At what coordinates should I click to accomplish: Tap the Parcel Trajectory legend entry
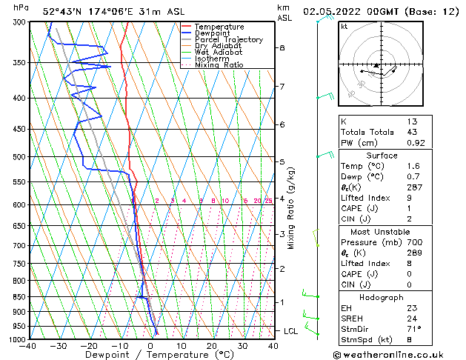[228, 40]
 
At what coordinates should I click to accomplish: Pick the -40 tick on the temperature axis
[29, 346]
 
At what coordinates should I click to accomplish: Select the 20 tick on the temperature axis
[212, 346]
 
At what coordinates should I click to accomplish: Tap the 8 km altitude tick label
[282, 47]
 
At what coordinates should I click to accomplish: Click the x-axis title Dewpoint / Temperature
[150, 355]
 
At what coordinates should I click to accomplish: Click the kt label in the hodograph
[344, 27]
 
